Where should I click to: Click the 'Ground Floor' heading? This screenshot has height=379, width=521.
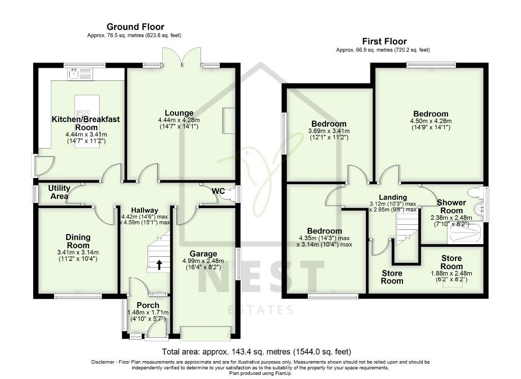click(x=135, y=27)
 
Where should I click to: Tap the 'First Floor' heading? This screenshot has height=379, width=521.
click(x=384, y=41)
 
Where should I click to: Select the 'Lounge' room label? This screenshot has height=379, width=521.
click(x=179, y=113)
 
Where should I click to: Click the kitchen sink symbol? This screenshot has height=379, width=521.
click(x=74, y=75)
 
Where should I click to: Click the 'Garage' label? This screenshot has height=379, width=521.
click(x=204, y=254)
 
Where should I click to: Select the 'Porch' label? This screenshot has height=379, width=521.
click(x=147, y=305)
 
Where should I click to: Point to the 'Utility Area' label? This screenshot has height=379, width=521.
click(x=59, y=192)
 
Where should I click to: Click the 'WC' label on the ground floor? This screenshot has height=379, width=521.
click(x=218, y=191)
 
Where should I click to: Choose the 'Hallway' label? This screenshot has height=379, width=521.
click(x=144, y=210)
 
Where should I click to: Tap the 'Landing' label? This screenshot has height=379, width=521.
click(x=393, y=197)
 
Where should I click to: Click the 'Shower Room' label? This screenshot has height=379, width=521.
click(x=451, y=207)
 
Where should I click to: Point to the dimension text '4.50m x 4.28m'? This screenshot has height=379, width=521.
click(x=430, y=121)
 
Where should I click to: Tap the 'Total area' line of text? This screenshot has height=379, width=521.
click(x=256, y=352)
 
